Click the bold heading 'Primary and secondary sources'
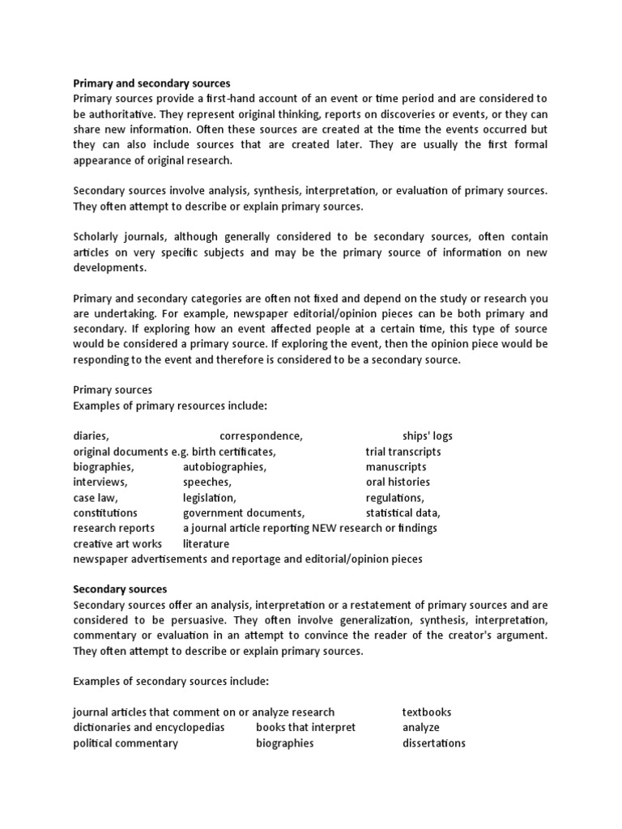click(x=151, y=83)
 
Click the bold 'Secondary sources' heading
click(x=120, y=589)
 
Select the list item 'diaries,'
click(x=92, y=436)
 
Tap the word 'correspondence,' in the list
click(x=261, y=436)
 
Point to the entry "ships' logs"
click(x=428, y=436)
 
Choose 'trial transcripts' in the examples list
click(x=403, y=452)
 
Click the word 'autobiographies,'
click(x=224, y=467)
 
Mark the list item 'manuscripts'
click(x=396, y=467)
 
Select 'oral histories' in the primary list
click(x=398, y=483)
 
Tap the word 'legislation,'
click(x=210, y=498)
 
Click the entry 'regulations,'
click(x=394, y=498)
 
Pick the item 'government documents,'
click(x=244, y=513)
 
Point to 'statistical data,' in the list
click(x=403, y=513)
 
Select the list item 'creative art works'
click(x=117, y=544)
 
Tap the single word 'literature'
click(x=206, y=544)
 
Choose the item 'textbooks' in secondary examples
click(x=427, y=712)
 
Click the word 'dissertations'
click(x=434, y=743)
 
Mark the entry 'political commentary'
click(x=126, y=743)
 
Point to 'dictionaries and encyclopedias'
click(x=149, y=728)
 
